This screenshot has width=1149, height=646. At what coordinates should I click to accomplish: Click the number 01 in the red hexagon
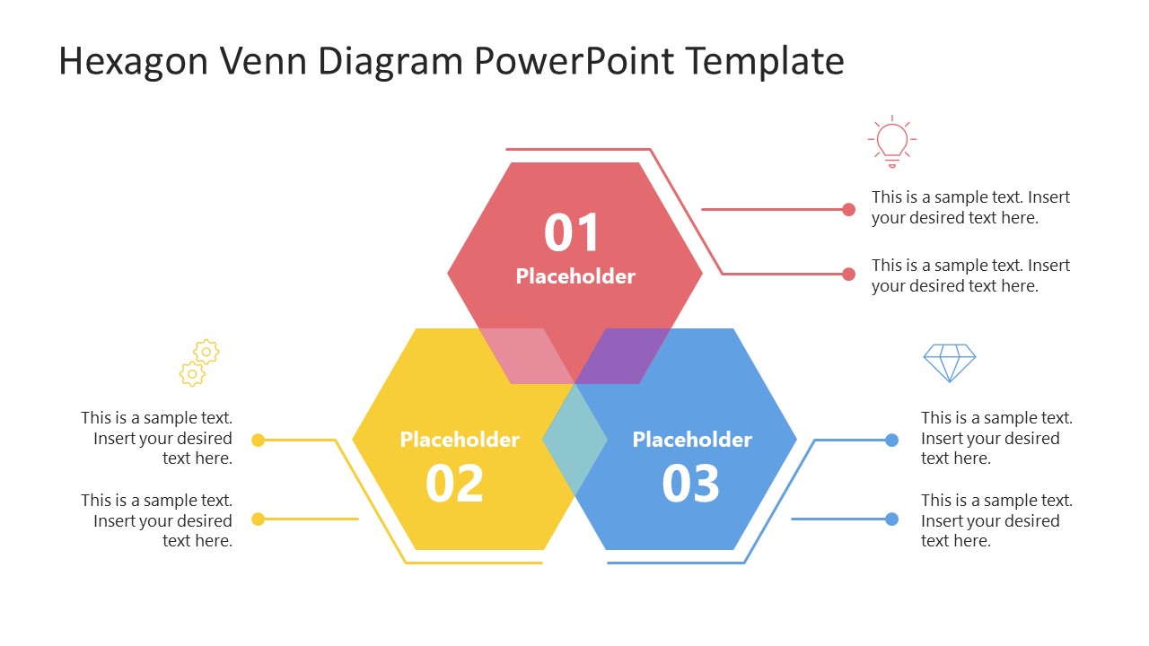click(572, 233)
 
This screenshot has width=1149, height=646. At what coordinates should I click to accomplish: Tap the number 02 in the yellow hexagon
click(454, 484)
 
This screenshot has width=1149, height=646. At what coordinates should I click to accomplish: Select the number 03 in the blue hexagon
click(690, 484)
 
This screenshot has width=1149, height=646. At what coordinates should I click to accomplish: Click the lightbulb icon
click(892, 142)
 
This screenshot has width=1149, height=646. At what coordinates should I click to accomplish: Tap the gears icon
click(199, 362)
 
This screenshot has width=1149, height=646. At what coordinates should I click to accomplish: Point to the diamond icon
click(950, 362)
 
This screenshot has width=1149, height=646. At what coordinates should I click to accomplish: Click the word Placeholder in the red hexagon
click(575, 276)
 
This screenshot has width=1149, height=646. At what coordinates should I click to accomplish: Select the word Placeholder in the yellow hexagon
click(460, 440)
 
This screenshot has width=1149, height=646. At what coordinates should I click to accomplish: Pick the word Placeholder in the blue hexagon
click(692, 440)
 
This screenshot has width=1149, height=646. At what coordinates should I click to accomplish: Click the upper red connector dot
click(849, 210)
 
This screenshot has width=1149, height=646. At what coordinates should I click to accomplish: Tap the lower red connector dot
click(849, 274)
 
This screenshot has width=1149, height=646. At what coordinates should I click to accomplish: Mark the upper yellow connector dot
click(259, 440)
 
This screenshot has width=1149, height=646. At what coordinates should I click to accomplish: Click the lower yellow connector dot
click(259, 519)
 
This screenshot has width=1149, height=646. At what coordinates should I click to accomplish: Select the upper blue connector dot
click(891, 440)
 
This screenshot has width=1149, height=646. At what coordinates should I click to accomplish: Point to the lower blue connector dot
click(891, 519)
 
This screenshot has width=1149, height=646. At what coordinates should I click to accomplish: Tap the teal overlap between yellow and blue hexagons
click(574, 439)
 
